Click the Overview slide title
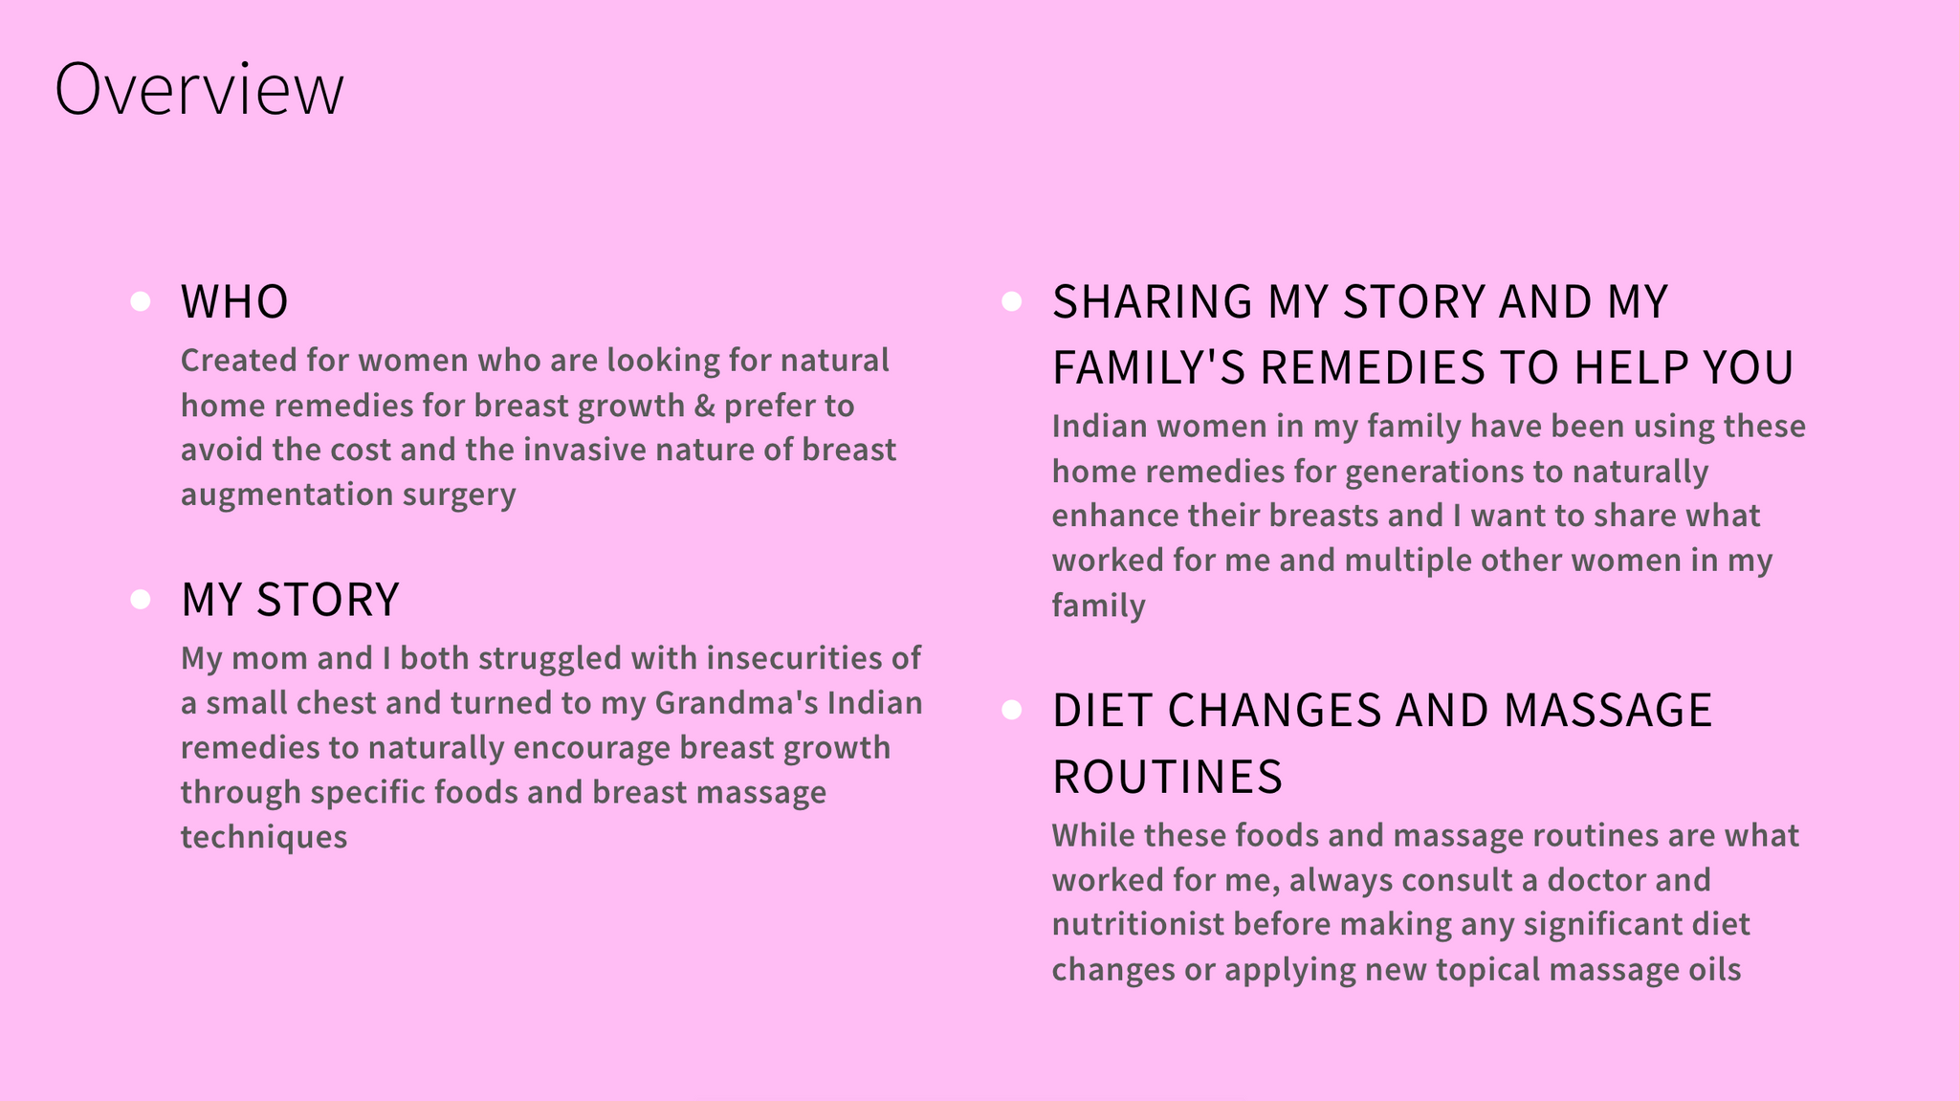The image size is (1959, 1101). pos(199,89)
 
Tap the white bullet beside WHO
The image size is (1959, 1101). pos(141,301)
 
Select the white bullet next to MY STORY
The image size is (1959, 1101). pos(141,599)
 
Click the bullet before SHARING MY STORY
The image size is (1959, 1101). pos(1012,301)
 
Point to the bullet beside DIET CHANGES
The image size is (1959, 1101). pos(1012,710)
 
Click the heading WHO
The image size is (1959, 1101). pos(234,301)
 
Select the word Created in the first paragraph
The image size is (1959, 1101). pos(239,361)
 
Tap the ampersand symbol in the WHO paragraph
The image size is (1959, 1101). pos(705,406)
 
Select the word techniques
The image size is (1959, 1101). pos(264,837)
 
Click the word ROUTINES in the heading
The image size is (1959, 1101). pos(1167,776)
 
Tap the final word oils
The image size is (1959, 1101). pos(1714,970)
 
